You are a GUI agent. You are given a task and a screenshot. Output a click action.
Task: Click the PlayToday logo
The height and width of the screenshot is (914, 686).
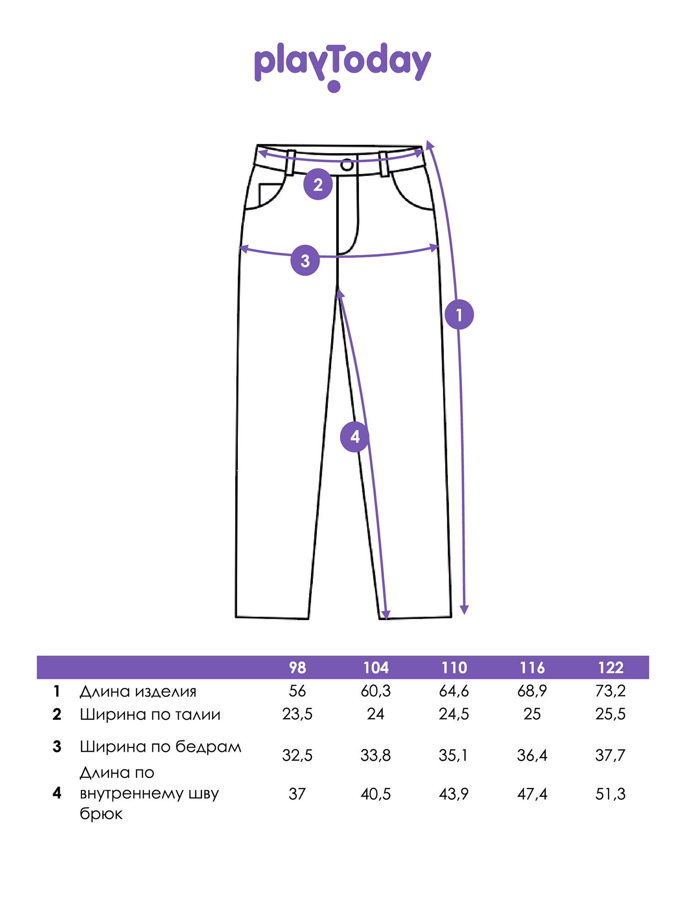(x=343, y=66)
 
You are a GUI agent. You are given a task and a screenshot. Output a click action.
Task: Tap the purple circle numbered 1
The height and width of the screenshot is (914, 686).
(x=459, y=314)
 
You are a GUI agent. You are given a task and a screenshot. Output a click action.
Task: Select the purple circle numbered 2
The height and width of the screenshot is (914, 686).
(x=318, y=185)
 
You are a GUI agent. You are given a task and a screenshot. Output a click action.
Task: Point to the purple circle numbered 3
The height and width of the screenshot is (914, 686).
(x=305, y=261)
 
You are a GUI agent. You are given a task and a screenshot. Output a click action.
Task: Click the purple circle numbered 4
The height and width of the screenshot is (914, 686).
(x=354, y=437)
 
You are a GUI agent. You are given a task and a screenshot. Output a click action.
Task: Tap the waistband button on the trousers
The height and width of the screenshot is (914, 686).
(x=347, y=165)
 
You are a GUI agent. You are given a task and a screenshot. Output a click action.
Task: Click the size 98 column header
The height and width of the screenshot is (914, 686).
(x=297, y=668)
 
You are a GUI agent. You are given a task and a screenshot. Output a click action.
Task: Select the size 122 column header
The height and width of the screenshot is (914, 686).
(x=611, y=668)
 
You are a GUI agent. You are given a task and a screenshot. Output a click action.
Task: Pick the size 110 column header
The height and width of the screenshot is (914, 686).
(x=454, y=668)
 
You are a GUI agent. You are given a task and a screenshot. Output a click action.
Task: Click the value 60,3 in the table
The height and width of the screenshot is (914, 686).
(x=375, y=691)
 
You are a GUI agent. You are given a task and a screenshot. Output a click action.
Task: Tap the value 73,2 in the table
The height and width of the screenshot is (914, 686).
(x=611, y=691)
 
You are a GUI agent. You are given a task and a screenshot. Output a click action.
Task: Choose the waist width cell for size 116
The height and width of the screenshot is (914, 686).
(x=532, y=714)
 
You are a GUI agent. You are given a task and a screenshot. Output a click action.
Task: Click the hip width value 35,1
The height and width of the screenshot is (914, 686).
(x=453, y=755)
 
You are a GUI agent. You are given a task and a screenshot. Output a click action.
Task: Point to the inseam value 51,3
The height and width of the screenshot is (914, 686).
(x=611, y=794)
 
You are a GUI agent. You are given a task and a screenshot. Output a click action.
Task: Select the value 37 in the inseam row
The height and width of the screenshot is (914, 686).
(x=297, y=794)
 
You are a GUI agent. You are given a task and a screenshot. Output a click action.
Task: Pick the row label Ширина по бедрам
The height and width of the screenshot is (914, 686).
(x=161, y=747)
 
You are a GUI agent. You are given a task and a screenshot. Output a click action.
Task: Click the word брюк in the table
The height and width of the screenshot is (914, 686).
(x=101, y=814)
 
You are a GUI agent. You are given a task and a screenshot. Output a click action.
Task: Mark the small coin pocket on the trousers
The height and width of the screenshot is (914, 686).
(x=269, y=194)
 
